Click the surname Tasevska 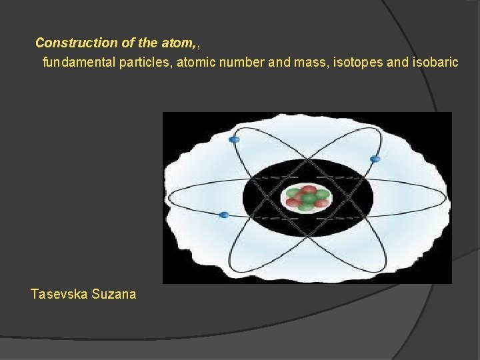pyautogui.click(x=59, y=293)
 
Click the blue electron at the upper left pyautogui.click(x=234, y=140)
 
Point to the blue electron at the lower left pyautogui.click(x=224, y=214)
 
